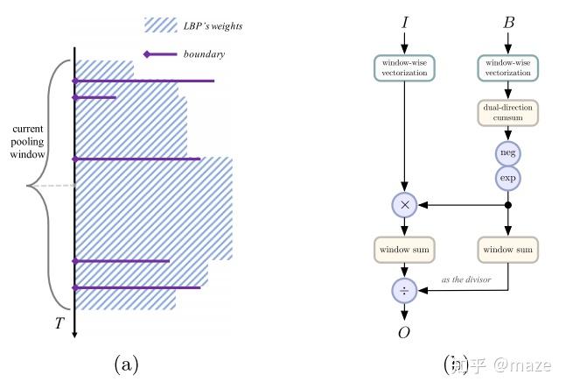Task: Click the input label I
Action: click(x=404, y=23)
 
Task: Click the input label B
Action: click(x=508, y=23)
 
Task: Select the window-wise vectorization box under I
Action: click(x=404, y=68)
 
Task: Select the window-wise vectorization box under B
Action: click(x=508, y=68)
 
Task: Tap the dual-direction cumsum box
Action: click(x=508, y=113)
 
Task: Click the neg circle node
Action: click(x=508, y=153)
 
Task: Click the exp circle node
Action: click(x=508, y=178)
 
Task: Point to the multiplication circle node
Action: click(x=404, y=205)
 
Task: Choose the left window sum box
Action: click(x=404, y=250)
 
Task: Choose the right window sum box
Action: click(x=508, y=250)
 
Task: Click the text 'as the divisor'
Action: click(x=467, y=279)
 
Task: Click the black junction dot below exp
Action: click(x=508, y=205)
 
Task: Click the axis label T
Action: click(x=59, y=323)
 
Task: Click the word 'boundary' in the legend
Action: click(x=204, y=54)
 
